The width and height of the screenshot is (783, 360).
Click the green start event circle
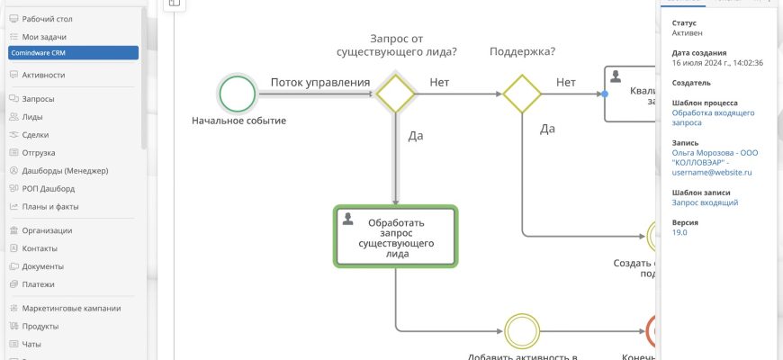click(238, 93)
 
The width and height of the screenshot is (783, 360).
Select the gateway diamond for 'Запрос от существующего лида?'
click(394, 93)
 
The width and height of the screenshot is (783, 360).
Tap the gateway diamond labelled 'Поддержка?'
click(521, 93)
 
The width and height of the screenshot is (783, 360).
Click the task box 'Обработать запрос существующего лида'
click(396, 237)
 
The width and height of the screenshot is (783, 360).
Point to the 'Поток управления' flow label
click(320, 83)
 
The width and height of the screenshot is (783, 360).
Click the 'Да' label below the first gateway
click(416, 137)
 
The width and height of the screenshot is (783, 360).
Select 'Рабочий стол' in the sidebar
click(47, 19)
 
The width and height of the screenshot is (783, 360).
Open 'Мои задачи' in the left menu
click(44, 37)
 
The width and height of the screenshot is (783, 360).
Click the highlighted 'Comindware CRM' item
click(73, 53)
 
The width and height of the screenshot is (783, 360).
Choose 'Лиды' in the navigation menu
click(32, 117)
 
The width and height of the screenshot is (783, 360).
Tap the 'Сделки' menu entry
click(36, 135)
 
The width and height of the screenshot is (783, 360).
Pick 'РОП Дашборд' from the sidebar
click(49, 189)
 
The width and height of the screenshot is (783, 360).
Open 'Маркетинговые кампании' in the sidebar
click(71, 308)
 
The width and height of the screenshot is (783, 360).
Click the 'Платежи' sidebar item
click(39, 284)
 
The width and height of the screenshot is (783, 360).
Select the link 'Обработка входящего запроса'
click(711, 119)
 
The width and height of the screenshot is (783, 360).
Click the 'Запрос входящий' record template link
click(705, 203)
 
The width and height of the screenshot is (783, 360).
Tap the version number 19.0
click(679, 232)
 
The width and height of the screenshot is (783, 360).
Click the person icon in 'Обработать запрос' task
click(347, 218)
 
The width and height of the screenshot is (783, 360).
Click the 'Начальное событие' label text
click(238, 121)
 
